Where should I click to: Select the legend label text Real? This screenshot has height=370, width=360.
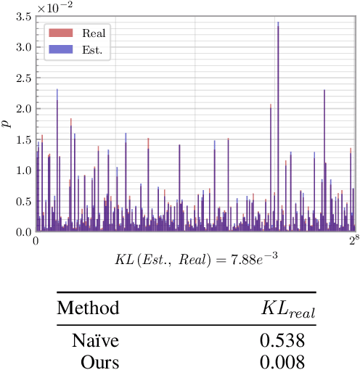(x=95, y=33)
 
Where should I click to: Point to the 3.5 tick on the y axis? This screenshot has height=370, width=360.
(x=21, y=16)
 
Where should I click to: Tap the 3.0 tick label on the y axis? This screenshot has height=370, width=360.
(x=21, y=46)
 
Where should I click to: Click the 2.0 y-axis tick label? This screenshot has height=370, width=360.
(x=21, y=108)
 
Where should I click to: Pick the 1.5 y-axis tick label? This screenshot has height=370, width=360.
(x=21, y=139)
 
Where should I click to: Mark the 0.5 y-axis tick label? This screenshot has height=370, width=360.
(x=21, y=201)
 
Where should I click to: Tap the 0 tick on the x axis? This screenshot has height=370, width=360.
(x=36, y=242)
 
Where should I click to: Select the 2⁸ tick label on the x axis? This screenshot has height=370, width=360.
(x=353, y=240)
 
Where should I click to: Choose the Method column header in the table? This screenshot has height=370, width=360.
(x=88, y=308)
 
